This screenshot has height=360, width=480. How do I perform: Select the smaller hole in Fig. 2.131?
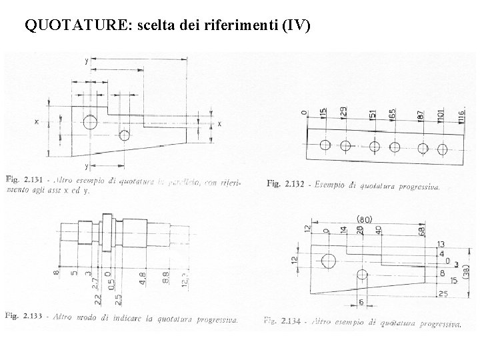click(x=124, y=135)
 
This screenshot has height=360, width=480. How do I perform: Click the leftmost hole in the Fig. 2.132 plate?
click(x=325, y=145)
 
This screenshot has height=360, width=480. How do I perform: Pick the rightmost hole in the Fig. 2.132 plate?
click(x=441, y=147)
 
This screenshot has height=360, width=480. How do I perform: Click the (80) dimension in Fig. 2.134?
click(x=365, y=219)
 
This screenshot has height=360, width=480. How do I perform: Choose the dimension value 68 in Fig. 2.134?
click(x=422, y=231)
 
